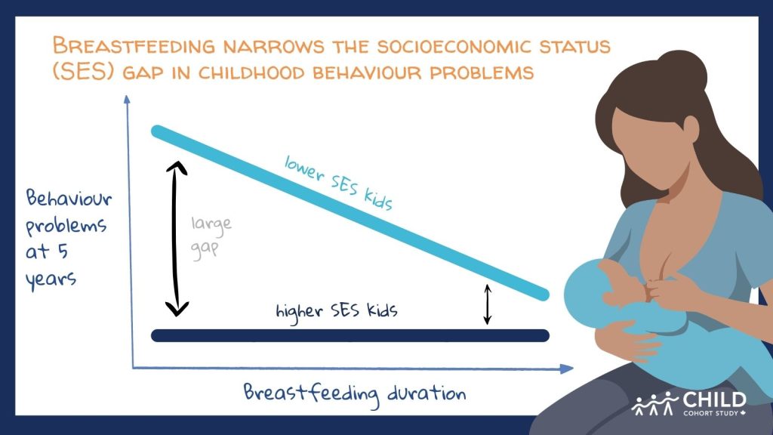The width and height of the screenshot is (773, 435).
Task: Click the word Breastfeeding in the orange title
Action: coord(134,45)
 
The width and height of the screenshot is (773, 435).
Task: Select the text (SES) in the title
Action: coord(83,72)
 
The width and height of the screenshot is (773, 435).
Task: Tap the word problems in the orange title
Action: coord(482,72)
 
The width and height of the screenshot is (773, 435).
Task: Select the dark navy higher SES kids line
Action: coord(350,335)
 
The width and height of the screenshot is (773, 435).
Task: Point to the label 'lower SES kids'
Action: coord(339,183)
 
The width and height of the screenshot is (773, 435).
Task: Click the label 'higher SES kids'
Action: coord(337,312)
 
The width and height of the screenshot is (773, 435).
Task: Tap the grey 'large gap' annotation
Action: coord(211,236)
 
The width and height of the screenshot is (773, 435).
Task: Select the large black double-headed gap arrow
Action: coord(176,239)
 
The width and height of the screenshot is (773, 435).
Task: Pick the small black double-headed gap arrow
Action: coord(488,304)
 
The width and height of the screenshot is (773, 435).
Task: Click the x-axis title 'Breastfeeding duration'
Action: coord(355,394)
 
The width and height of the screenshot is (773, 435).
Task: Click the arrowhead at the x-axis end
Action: coord(566,369)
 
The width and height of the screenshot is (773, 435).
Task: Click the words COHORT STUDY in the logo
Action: coord(711,413)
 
